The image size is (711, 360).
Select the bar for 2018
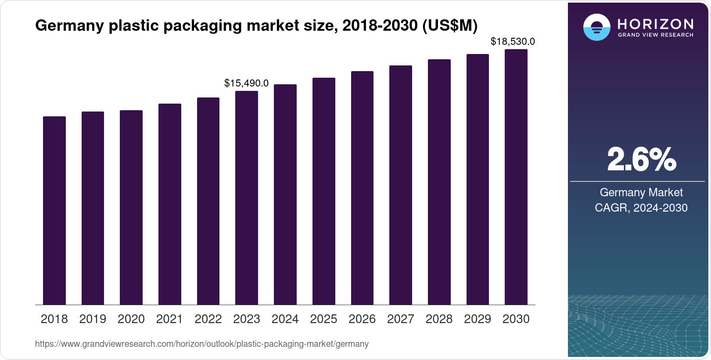(54, 211)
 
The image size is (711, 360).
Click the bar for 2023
(247, 198)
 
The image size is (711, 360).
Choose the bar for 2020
(131, 207)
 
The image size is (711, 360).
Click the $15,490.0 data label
(246, 83)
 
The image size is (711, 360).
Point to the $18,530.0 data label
(513, 42)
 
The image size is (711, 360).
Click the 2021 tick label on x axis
(169, 319)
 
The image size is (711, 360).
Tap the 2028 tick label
(439, 319)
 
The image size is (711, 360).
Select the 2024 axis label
(285, 319)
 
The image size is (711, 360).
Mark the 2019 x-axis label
(93, 319)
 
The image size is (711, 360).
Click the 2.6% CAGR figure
(641, 159)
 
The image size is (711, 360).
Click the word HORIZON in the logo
(655, 24)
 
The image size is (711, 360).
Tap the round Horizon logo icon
(596, 27)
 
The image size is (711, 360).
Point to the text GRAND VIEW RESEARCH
(655, 35)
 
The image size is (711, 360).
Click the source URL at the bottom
(202, 344)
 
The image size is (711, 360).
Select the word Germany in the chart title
(69, 26)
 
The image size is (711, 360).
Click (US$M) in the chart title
(449, 26)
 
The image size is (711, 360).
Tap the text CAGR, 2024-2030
(641, 208)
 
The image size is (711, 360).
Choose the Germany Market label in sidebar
(641, 192)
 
